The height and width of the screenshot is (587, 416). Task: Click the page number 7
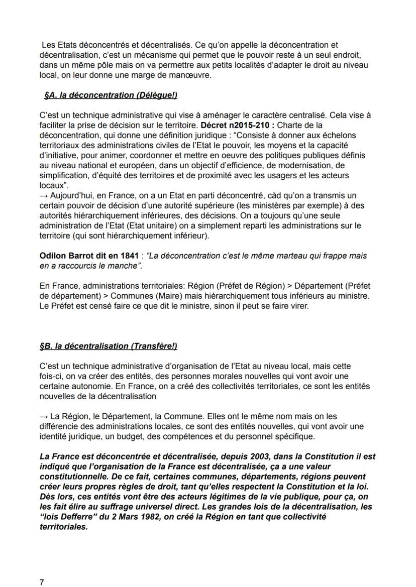42,582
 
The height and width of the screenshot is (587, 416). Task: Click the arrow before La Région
43,416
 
